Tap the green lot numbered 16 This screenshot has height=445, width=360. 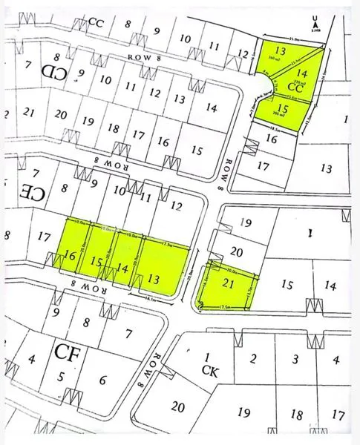point(71,255)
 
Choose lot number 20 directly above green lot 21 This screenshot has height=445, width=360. point(238,252)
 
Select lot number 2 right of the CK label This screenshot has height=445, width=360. point(254,360)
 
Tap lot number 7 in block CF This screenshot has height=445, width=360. point(128,334)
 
